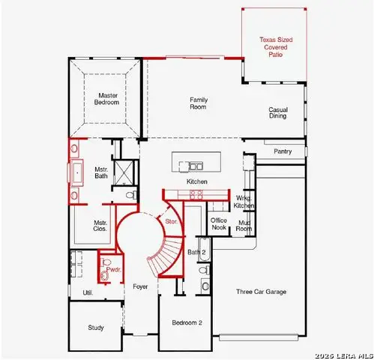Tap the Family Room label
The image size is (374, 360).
(198, 103)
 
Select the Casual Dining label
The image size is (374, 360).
(278, 114)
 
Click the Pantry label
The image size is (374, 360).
(283, 151)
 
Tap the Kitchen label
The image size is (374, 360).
(197, 181)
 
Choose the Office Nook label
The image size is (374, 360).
(219, 223)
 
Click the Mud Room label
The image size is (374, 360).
(244, 225)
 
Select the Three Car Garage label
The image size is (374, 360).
(261, 292)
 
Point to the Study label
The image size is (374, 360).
(96, 328)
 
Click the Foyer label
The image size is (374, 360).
(140, 287)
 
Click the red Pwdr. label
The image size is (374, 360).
(113, 268)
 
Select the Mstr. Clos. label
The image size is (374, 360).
(100, 226)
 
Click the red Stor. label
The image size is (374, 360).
(171, 220)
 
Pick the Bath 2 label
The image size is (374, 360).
(196, 252)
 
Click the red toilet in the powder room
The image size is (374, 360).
(105, 276)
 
